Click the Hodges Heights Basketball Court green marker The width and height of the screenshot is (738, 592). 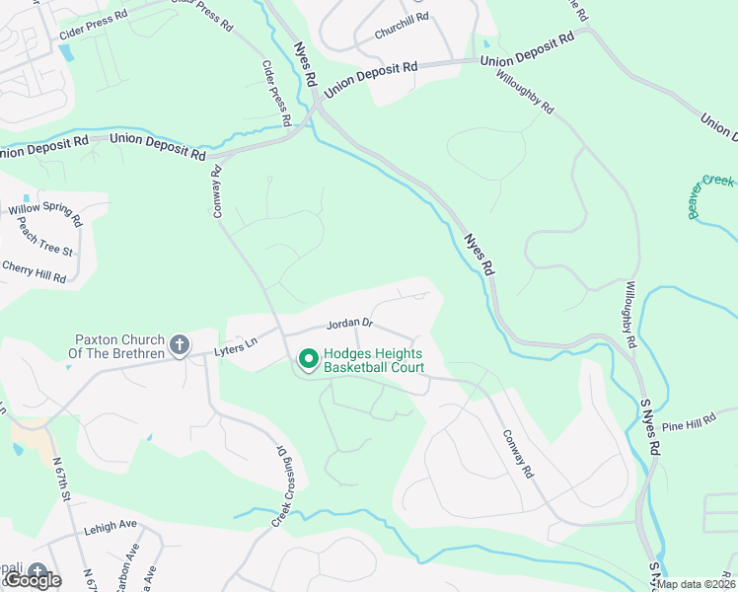[307, 359]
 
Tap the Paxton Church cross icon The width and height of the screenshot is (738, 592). [179, 344]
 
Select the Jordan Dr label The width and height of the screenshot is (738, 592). [350, 323]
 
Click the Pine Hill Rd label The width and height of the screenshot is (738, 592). [688, 425]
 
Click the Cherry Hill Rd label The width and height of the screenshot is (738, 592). [34, 271]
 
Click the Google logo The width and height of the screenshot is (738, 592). [33, 580]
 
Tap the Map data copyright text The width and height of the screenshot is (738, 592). [697, 584]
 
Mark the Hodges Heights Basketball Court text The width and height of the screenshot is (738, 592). [374, 360]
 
